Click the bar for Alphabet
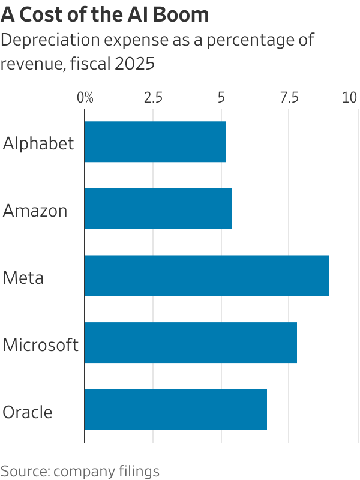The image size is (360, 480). coord(155,142)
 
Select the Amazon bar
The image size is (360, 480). coord(158,209)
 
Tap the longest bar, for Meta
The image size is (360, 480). coord(207,276)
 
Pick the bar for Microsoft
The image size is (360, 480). coord(191,343)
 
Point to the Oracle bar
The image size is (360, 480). coord(176,410)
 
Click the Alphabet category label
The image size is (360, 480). coord(38,143)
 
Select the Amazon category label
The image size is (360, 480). coord(35,211)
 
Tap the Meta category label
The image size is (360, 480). coord(23,278)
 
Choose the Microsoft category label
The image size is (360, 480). coord(40,345)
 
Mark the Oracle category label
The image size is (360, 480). coord(28,412)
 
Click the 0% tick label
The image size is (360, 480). coord(86,98)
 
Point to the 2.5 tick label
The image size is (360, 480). coord(153,98)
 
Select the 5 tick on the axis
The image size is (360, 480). coord(221,98)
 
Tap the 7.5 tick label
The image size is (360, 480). coord(290,98)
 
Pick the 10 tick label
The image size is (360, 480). coord(349,98)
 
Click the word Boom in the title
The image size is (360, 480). coord(181,14)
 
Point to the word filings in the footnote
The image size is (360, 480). coord(139,471)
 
